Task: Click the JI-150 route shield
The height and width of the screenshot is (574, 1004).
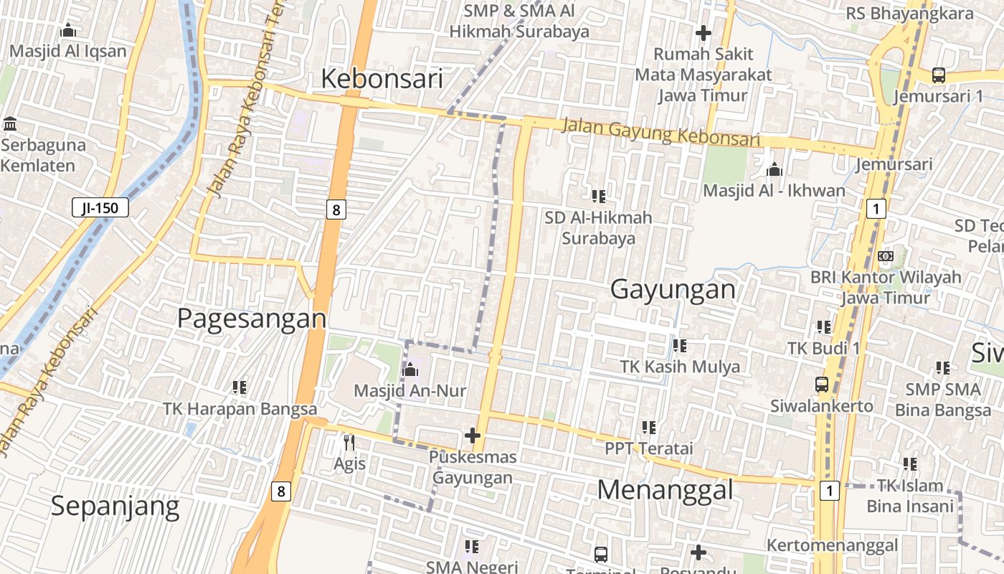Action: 100,208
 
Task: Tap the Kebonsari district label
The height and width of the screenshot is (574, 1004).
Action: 382,78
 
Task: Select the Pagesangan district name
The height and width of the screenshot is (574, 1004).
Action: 251,318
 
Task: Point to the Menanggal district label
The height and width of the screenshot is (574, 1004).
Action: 665,490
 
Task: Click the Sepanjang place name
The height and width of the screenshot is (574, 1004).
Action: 115,507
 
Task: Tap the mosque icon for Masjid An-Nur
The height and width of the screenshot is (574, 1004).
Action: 410,370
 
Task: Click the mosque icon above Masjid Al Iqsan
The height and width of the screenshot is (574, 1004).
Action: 68,30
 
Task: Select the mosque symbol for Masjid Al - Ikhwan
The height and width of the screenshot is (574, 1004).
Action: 774,169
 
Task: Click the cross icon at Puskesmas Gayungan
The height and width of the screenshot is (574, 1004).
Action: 473,435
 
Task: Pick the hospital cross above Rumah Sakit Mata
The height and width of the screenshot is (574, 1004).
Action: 703,32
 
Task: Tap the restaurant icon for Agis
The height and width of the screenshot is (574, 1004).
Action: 349,442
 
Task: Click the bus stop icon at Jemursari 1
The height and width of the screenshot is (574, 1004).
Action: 938,75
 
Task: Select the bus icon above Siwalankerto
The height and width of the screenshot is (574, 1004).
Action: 822,385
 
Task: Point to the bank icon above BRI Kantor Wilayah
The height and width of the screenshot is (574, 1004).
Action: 886,256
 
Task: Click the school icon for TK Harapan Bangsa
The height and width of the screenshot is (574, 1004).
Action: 240,387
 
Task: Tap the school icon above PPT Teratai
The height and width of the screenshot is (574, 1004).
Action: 649,428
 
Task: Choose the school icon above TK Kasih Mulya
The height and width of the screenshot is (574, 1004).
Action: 680,346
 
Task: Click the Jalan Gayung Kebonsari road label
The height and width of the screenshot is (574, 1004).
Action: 660,133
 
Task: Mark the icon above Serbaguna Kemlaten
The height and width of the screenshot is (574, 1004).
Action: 10,123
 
